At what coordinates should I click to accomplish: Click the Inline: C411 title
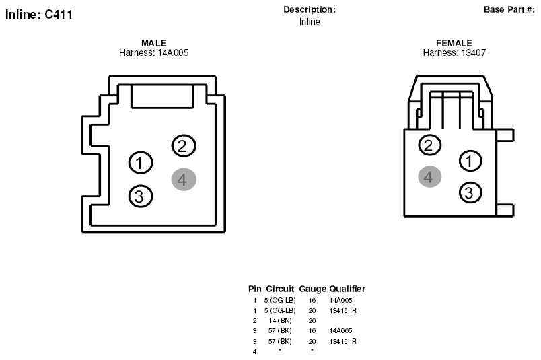click(39, 15)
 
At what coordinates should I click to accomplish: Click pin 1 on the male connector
click(141, 163)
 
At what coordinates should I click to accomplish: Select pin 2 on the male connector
click(184, 145)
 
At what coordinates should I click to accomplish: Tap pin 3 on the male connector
click(141, 196)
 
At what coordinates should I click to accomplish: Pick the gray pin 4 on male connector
click(184, 180)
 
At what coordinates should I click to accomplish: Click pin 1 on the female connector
click(470, 161)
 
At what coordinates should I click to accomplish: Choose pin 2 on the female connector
click(429, 145)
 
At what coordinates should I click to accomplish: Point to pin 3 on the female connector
click(470, 192)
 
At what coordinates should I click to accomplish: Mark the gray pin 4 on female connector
click(429, 177)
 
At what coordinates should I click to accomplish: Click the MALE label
click(154, 43)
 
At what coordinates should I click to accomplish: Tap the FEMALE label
click(454, 43)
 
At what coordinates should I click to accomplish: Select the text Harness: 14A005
click(154, 52)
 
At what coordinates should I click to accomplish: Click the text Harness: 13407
click(454, 52)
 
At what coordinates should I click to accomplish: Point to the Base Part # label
click(509, 9)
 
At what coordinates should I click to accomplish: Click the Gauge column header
click(312, 289)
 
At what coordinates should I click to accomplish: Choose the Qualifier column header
click(347, 289)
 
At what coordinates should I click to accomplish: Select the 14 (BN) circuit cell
click(280, 321)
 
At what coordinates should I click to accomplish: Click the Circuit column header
click(280, 289)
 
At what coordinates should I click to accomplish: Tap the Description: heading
click(310, 9)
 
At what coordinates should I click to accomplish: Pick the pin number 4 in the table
click(254, 352)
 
